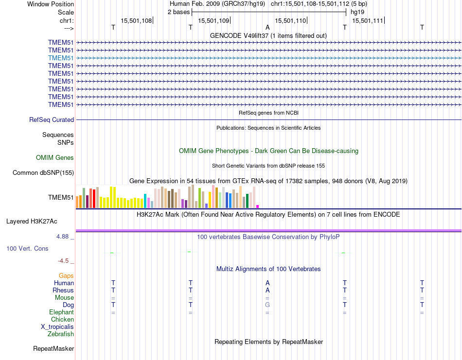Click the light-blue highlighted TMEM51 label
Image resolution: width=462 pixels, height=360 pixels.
61,58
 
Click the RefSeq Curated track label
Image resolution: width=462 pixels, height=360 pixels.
52,120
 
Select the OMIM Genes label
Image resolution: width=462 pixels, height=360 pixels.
55,157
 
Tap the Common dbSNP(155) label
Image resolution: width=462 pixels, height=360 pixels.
43,172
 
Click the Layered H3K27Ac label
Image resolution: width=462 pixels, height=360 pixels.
32,221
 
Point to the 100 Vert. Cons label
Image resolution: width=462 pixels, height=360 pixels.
27,248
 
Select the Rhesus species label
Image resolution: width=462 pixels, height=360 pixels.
63,290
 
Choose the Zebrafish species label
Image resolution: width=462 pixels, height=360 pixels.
61,334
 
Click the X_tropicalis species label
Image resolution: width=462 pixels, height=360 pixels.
57,326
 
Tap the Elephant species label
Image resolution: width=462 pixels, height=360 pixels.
61,312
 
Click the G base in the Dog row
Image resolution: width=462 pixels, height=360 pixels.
267,305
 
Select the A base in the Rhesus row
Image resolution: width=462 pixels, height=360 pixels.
267,290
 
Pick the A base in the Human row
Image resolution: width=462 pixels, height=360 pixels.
267,283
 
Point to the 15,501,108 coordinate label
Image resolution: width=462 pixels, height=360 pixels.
136,20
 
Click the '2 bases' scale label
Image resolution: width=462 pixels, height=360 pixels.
179,12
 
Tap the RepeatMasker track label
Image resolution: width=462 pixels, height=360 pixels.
53,348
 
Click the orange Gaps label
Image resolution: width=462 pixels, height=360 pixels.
66,275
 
